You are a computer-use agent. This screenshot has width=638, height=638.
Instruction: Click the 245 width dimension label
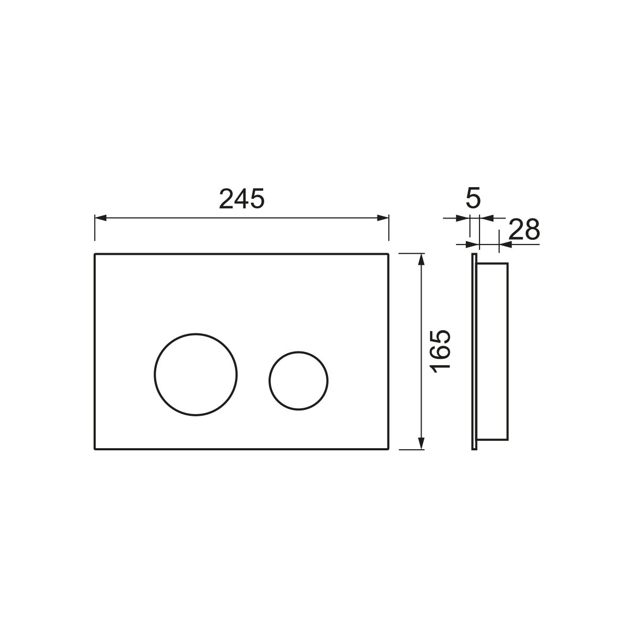(242, 199)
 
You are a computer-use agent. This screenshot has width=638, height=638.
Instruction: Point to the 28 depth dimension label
(524, 230)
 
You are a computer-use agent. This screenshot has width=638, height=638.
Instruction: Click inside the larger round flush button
(196, 374)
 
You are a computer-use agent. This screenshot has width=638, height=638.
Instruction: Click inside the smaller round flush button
(298, 381)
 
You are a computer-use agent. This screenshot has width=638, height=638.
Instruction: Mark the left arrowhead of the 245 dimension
(100, 218)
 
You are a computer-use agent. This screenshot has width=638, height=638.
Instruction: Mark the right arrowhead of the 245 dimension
(383, 218)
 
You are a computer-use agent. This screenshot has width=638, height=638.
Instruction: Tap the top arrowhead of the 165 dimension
(421, 259)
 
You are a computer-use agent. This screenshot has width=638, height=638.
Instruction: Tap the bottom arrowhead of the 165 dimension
(421, 443)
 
